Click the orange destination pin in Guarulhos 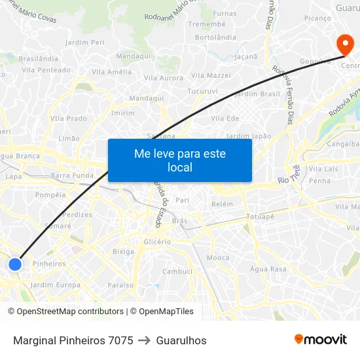coord(344,45)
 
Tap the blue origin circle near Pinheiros coord(15,264)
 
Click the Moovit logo coord(321,340)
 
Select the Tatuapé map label coord(260,216)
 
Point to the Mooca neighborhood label coord(218,258)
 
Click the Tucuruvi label coord(202,91)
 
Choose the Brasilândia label coord(39,58)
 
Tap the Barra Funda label coord(72,175)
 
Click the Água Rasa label coord(268,269)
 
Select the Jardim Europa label coord(56,285)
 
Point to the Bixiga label coord(123,251)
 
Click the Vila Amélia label coord(111,72)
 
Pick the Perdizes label coord(79,214)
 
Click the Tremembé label coord(207,24)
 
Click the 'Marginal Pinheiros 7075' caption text coord(73,340)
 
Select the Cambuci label coord(177,271)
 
